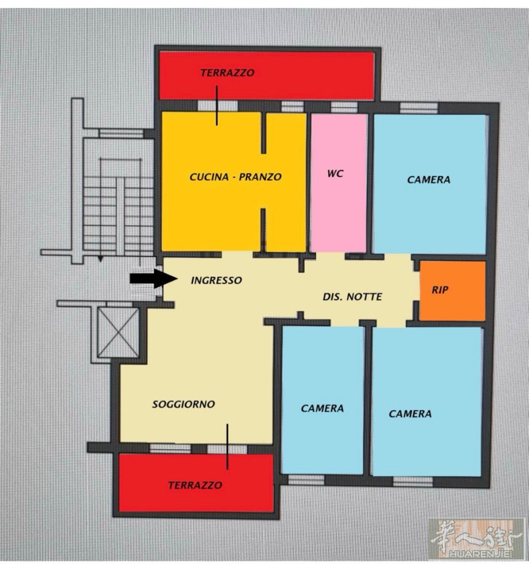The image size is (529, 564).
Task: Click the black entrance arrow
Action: coord(153,278)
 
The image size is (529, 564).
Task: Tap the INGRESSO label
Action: coord(216,280)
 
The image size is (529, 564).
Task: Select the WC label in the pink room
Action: coord(335,174)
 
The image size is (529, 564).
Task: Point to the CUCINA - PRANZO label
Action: coord(235,177)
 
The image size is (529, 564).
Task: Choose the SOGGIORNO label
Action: coord(183,404)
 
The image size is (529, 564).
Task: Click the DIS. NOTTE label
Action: coord(352,297)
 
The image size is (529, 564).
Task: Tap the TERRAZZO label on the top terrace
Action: coord(227,73)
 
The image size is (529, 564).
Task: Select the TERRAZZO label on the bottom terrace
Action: coord(195,485)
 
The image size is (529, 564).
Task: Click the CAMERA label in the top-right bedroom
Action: coord(428,179)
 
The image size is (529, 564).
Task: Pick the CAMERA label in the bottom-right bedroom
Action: coord(410,414)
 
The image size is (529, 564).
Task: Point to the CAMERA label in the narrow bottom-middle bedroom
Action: coord(322,408)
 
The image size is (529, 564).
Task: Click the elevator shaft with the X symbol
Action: coord(118,333)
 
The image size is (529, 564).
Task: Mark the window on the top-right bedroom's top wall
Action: coord(419,108)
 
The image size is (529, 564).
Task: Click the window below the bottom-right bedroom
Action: coord(413,481)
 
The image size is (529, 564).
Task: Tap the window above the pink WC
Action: coord(344,107)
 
